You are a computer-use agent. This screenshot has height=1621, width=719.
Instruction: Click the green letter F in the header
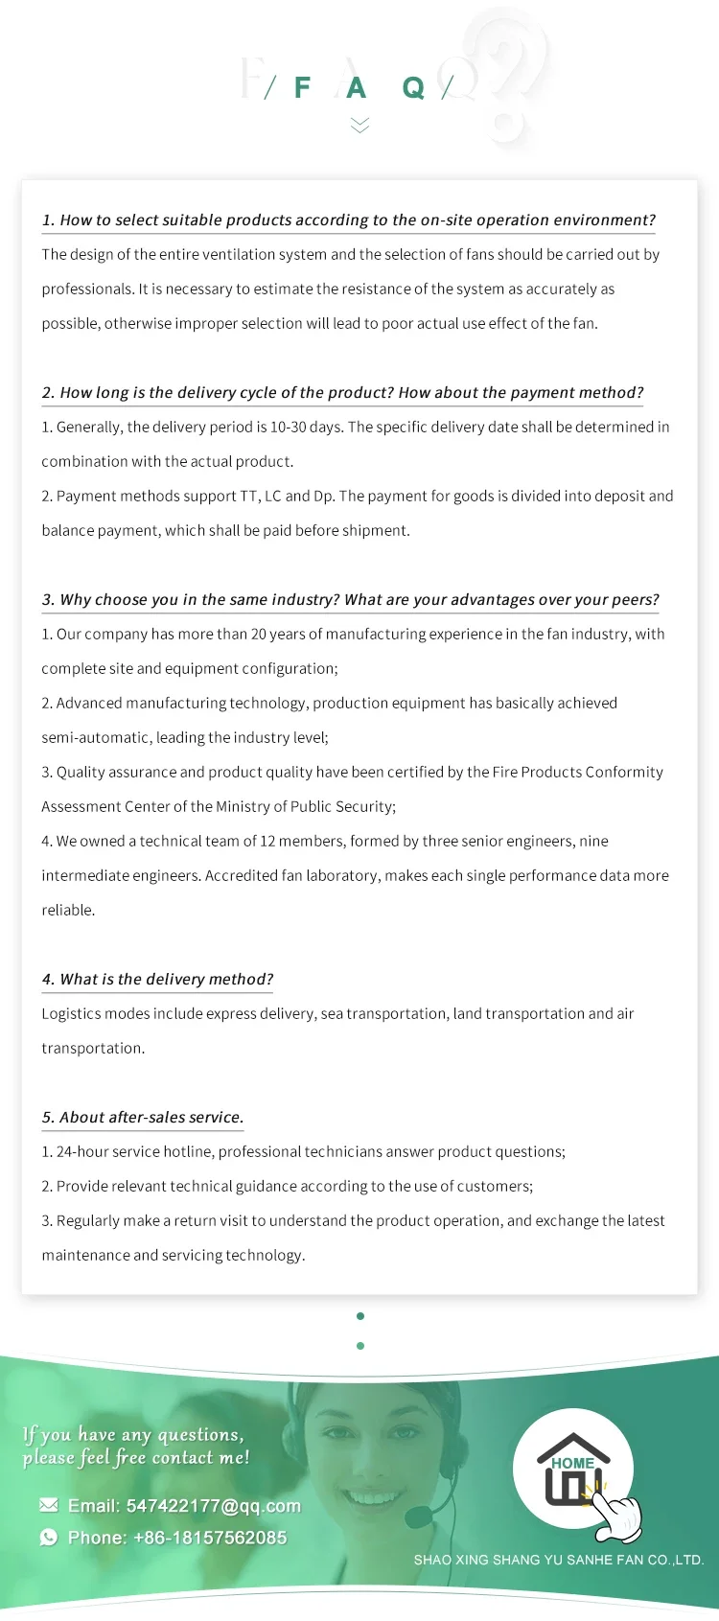tap(302, 88)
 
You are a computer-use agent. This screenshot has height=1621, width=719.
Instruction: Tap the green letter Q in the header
tap(413, 88)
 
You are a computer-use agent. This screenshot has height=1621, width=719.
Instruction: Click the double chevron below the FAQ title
tap(359, 125)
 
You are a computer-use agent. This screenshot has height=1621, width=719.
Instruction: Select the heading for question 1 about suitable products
tap(348, 220)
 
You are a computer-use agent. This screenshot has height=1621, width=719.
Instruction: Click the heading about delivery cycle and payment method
tap(342, 392)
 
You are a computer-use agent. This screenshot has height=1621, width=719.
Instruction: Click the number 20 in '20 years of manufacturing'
tap(259, 634)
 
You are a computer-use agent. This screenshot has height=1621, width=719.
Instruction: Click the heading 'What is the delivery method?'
tap(157, 979)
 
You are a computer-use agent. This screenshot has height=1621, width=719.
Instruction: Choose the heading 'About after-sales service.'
tap(143, 1117)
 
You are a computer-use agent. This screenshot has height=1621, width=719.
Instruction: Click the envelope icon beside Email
tap(49, 1505)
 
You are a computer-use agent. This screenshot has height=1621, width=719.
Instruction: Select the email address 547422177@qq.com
tap(213, 1506)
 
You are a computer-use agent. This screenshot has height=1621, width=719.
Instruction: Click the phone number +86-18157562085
tap(210, 1538)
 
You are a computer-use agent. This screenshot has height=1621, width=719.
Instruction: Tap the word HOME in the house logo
tap(572, 1463)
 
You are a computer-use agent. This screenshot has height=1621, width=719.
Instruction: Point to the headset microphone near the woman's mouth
tap(418, 1517)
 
